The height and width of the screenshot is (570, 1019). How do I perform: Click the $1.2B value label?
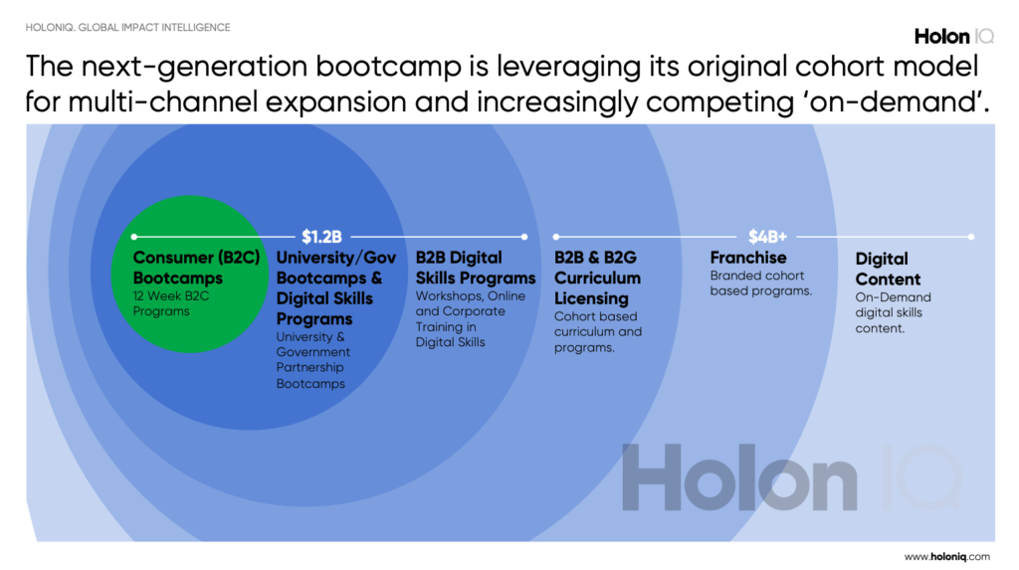[x=321, y=237]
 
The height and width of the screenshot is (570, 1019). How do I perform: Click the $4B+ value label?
[x=767, y=237]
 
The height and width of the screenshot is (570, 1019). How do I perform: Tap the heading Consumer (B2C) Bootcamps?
[x=196, y=268]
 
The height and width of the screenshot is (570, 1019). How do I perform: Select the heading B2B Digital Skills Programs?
[x=476, y=268]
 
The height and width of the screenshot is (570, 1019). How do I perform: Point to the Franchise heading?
[x=748, y=258]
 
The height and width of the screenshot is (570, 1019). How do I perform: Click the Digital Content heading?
[x=888, y=269]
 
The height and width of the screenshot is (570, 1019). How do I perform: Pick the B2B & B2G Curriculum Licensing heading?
[x=597, y=279]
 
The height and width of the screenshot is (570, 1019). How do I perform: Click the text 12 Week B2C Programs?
[x=171, y=303]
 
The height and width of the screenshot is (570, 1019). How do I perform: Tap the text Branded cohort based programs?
[x=761, y=284]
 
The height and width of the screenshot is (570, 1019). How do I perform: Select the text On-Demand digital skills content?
[x=893, y=312]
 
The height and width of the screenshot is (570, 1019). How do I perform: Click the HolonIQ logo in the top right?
[x=954, y=37]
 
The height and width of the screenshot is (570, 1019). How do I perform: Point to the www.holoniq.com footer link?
[x=947, y=556]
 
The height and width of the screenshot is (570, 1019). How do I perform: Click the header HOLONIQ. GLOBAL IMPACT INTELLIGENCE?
[x=128, y=27]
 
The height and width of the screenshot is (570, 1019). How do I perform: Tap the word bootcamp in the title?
[x=388, y=67]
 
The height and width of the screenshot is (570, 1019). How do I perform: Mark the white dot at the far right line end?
[x=971, y=237]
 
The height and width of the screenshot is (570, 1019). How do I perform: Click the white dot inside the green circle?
[x=134, y=237]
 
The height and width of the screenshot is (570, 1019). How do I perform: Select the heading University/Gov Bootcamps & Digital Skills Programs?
[x=336, y=287]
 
